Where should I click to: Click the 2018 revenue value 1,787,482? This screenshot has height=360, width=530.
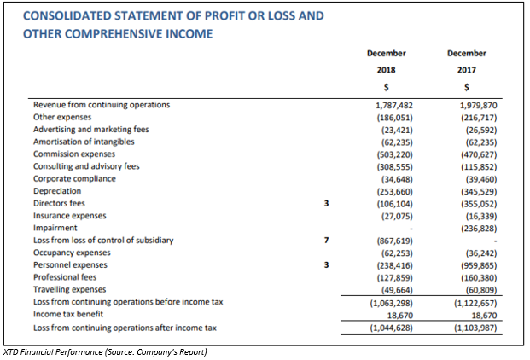pyautogui.click(x=394, y=106)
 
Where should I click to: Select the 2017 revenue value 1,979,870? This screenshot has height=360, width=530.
pyautogui.click(x=478, y=106)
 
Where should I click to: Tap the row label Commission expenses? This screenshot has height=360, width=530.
pyautogui.click(x=74, y=154)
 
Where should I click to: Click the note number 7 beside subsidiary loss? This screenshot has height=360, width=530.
pyautogui.click(x=326, y=240)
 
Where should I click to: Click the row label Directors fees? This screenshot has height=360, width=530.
pyautogui.click(x=59, y=203)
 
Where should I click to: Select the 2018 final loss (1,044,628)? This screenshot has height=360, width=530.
pyautogui.click(x=392, y=328)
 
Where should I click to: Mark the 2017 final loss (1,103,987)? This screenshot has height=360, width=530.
pyautogui.click(x=475, y=328)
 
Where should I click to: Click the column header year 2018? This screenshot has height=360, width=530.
pyautogui.click(x=387, y=70)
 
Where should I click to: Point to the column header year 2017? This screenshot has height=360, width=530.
pyautogui.click(x=467, y=70)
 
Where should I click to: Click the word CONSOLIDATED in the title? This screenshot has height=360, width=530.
pyautogui.click(x=67, y=16)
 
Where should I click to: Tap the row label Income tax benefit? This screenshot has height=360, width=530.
pyautogui.click(x=68, y=314)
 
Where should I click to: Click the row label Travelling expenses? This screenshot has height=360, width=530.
pyautogui.click(x=69, y=289)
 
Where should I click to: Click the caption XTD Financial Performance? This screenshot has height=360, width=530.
pyautogui.click(x=53, y=351)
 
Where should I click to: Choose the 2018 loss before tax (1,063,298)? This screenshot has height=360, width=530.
pyautogui.click(x=392, y=303)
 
